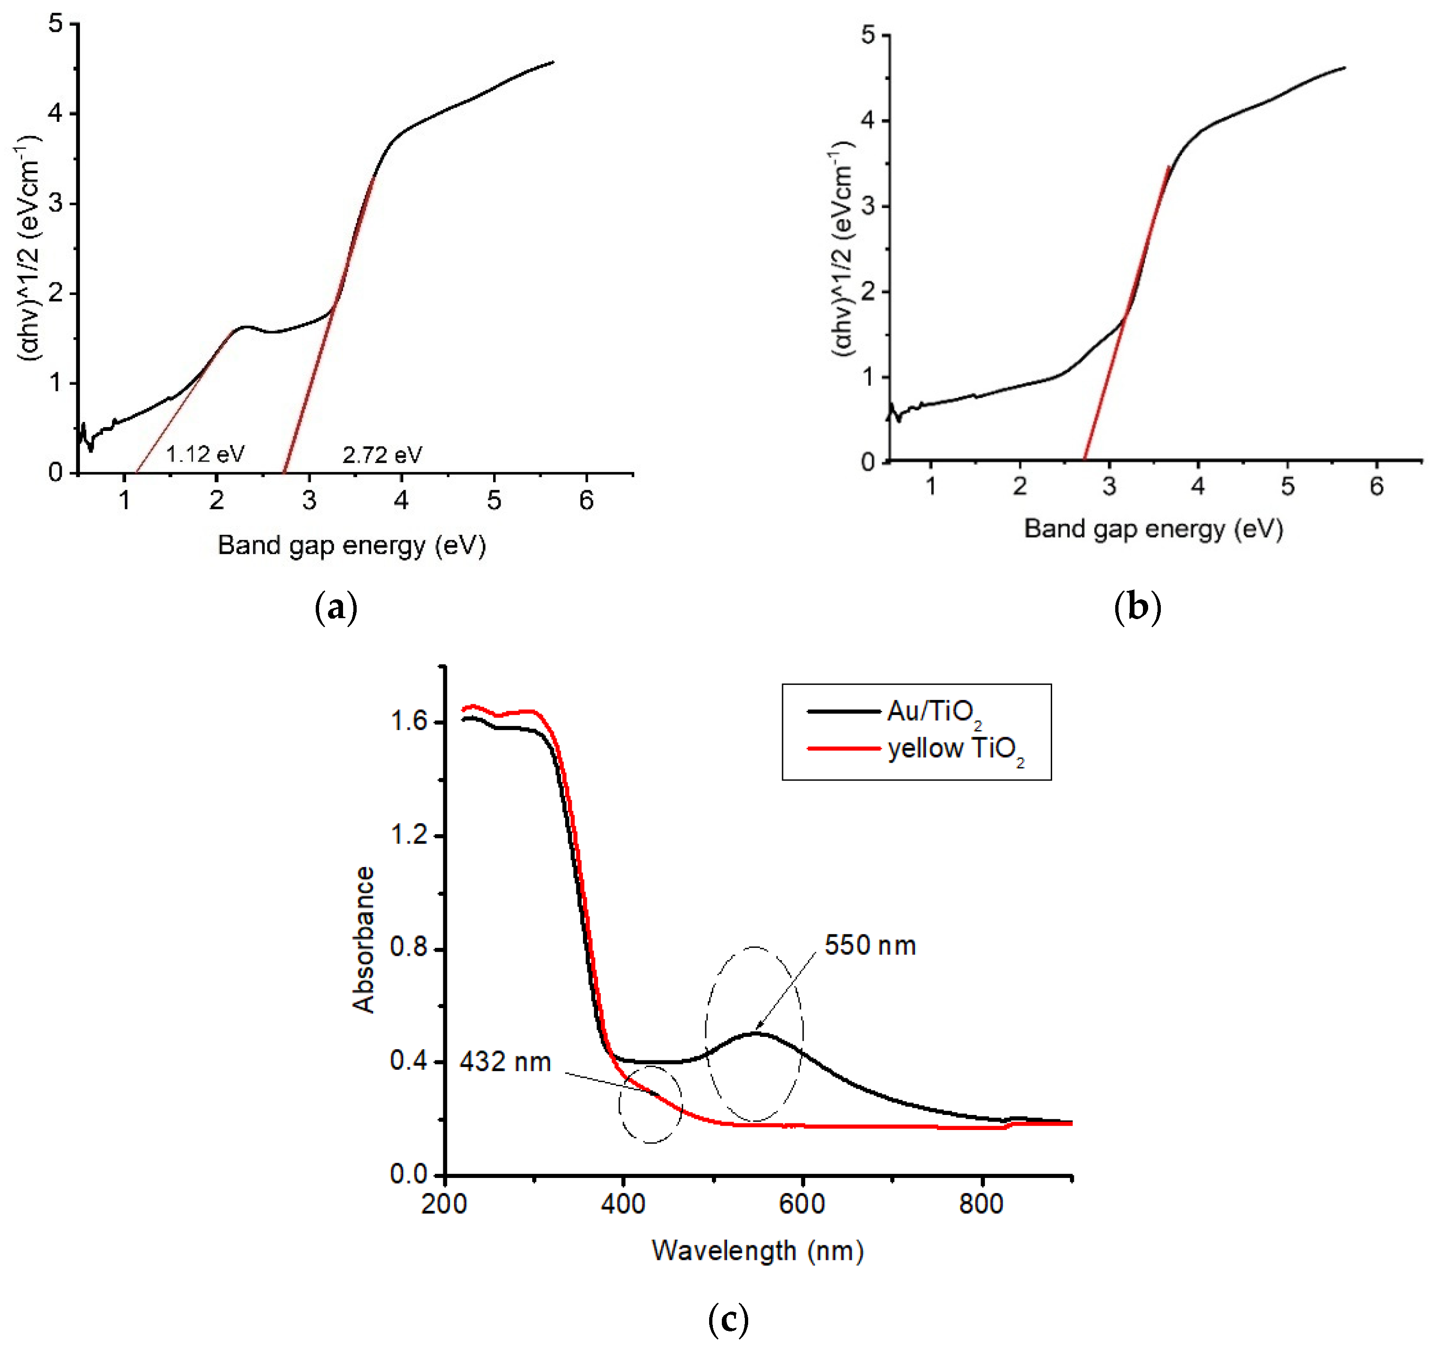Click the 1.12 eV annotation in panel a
click(x=205, y=454)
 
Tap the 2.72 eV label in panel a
click(x=382, y=454)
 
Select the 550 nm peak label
click(x=870, y=946)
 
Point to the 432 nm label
click(x=505, y=1062)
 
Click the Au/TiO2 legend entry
click(x=934, y=712)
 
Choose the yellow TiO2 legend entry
click(x=955, y=749)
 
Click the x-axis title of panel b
click(x=1153, y=529)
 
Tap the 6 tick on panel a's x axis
click(x=586, y=500)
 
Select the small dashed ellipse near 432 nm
click(x=650, y=1104)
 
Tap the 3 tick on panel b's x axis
click(x=1109, y=487)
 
